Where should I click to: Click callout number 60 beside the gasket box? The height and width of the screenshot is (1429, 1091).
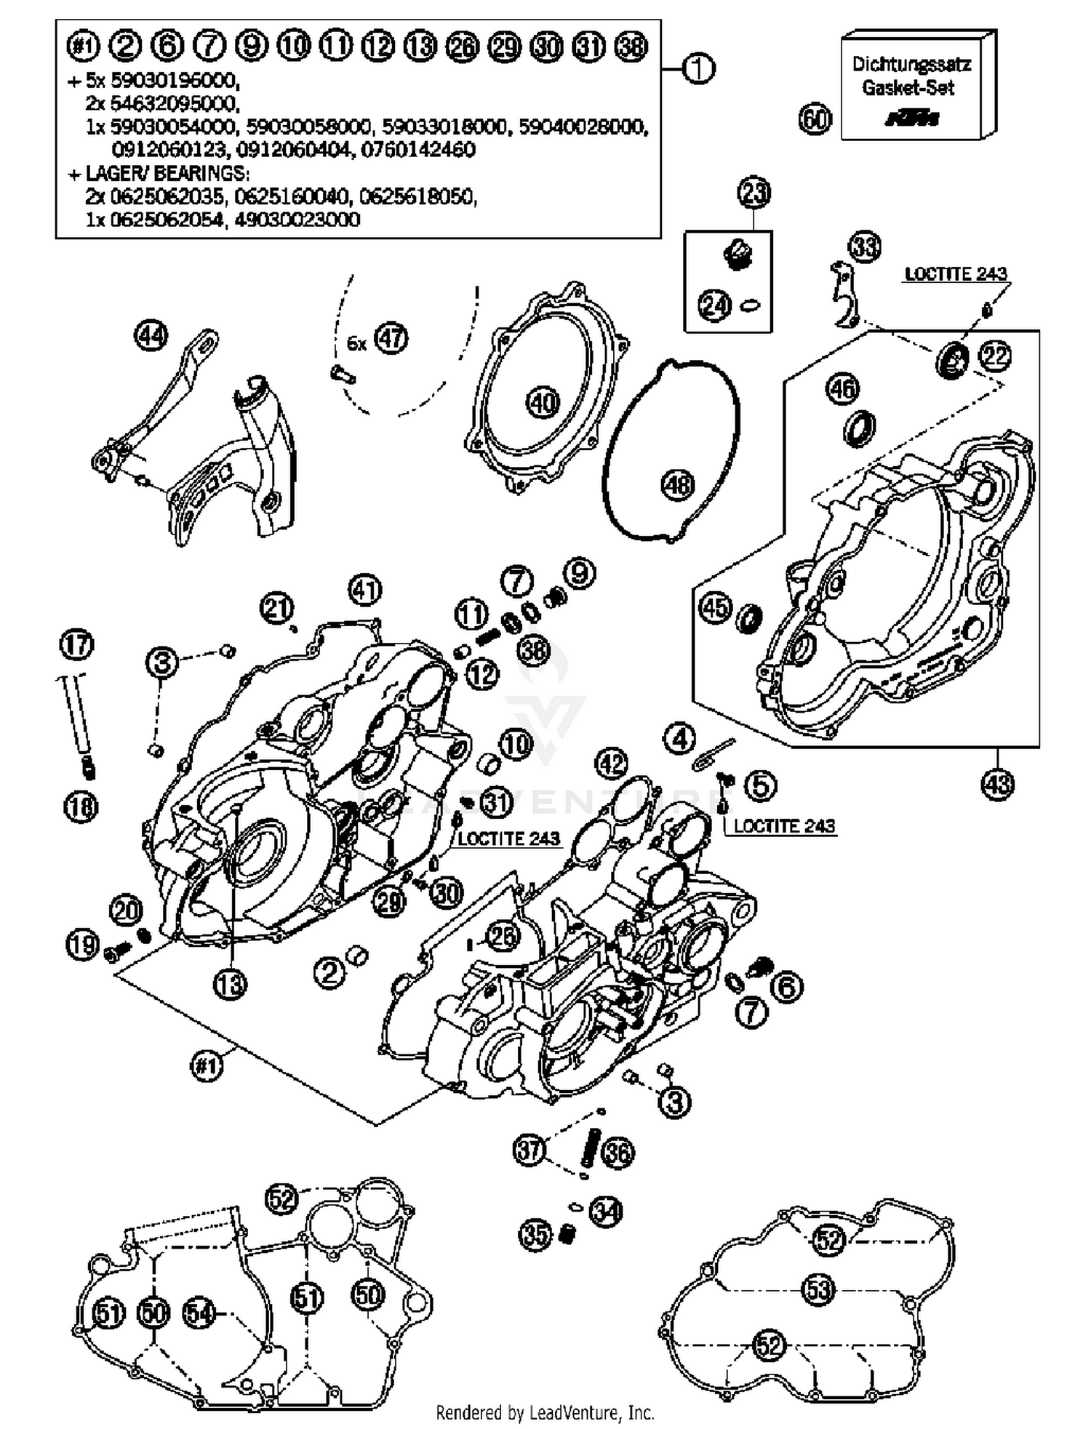[815, 119]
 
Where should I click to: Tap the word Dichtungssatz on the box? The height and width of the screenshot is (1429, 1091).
[911, 65]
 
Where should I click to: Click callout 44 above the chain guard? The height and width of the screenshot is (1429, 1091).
[151, 336]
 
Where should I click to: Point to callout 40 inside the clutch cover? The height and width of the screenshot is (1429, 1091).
[543, 401]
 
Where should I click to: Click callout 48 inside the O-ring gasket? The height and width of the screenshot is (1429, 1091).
[678, 484]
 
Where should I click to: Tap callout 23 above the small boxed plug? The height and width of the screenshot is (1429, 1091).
[754, 193]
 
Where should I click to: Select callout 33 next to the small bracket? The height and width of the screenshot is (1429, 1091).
[865, 247]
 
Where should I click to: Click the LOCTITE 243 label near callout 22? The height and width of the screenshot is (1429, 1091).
[955, 274]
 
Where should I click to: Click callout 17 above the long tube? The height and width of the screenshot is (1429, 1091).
[77, 645]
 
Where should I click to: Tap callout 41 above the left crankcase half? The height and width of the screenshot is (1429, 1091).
[365, 590]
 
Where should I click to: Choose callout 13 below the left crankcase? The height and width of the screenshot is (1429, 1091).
[230, 985]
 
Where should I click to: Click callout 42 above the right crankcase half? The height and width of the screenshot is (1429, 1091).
[611, 764]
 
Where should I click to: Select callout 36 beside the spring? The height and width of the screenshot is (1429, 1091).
[619, 1153]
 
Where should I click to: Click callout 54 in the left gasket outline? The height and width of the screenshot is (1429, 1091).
[199, 1313]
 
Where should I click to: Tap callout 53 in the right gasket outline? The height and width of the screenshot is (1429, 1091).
[818, 1290]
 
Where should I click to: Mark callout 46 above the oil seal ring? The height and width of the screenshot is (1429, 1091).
[842, 389]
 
